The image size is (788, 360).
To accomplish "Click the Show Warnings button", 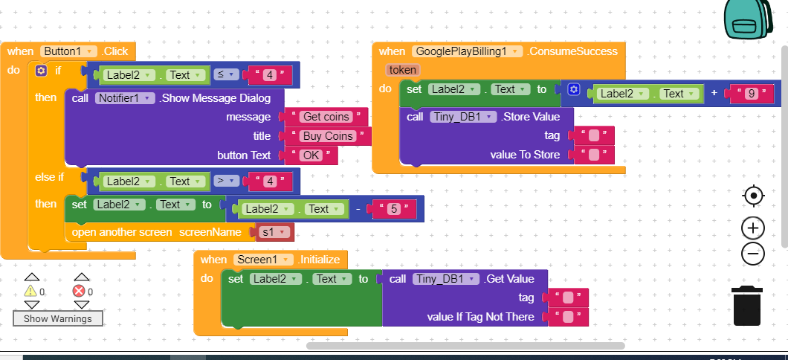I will (x=58, y=319).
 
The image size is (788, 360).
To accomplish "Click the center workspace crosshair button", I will (x=753, y=196).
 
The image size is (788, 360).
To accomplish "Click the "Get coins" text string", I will (x=326, y=117).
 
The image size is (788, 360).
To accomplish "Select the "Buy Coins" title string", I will (x=328, y=136).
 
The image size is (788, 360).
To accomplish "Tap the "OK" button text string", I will (x=311, y=155).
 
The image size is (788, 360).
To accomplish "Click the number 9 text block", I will (x=751, y=94).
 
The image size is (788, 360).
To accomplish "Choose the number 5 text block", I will (x=394, y=209).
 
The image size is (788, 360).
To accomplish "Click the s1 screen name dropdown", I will (x=274, y=232).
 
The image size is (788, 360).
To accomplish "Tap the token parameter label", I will (x=402, y=69).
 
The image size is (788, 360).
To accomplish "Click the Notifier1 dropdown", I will (x=125, y=98).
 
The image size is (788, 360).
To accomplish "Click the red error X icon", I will (x=79, y=291).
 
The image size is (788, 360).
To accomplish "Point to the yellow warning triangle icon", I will (x=30, y=291).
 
